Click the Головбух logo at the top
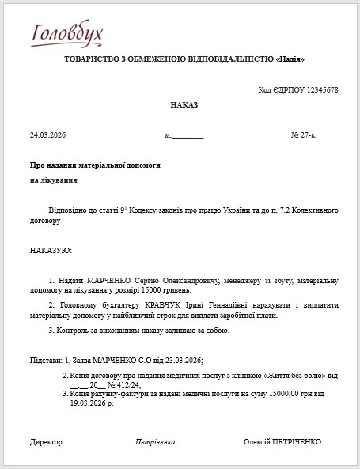(x=67, y=33)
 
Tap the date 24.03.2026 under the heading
(x=47, y=135)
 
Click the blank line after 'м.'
(x=188, y=136)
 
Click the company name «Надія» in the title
(x=289, y=60)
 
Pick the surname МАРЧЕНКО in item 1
(x=100, y=281)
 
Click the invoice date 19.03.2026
(x=88, y=403)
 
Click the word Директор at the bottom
(x=46, y=441)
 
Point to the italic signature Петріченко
(x=155, y=441)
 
